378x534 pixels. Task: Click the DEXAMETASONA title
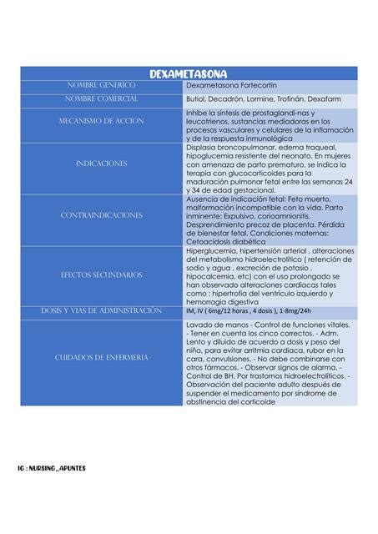pyautogui.click(x=189, y=74)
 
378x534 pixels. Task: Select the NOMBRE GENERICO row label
pyautogui.click(x=101, y=86)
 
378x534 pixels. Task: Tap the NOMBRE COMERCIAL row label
pyautogui.click(x=101, y=99)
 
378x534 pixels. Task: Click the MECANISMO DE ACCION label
pyautogui.click(x=101, y=121)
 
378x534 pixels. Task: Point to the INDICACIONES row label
pyautogui.click(x=101, y=164)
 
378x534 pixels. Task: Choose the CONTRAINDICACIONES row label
pyautogui.click(x=101, y=216)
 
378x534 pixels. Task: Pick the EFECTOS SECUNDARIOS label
pyautogui.click(x=101, y=275)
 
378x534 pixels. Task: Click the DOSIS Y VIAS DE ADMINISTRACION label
pyautogui.click(x=101, y=311)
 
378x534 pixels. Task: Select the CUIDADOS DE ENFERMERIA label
pyautogui.click(x=101, y=358)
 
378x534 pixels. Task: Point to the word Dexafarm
pyautogui.click(x=334, y=99)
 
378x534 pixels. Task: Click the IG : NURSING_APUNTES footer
pyautogui.click(x=52, y=468)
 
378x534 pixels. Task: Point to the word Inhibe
pyautogui.click(x=196, y=113)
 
